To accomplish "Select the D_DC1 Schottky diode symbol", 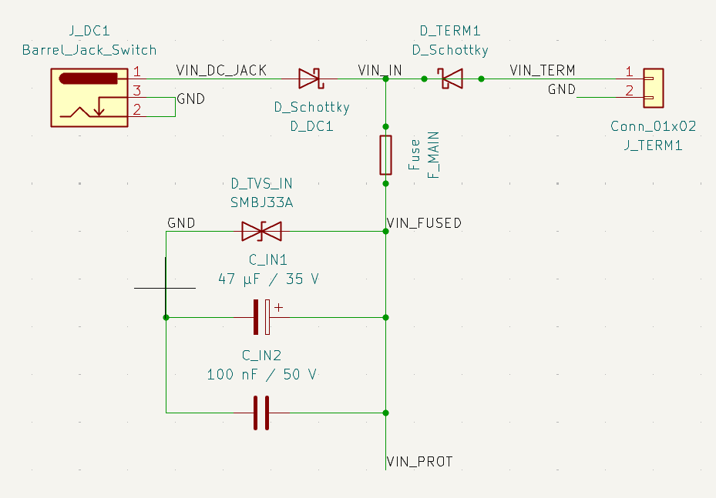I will (310, 78).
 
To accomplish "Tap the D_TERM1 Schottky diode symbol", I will (452, 78).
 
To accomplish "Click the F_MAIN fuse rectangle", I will (386, 155).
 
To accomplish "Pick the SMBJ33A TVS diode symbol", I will (261, 231).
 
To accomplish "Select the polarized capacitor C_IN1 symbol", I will (262, 316).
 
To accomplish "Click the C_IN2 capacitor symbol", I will (262, 413).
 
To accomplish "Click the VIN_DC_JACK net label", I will (221, 70).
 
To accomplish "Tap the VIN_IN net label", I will (379, 70).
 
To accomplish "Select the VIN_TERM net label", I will (543, 70).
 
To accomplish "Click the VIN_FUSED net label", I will (423, 223).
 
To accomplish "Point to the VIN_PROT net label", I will (419, 462).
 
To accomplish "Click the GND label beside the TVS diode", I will (181, 222).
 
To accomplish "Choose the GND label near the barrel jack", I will (191, 98).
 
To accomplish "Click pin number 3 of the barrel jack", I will (136, 92).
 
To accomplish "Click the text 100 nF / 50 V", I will (262, 375).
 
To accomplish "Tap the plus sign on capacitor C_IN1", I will (278, 307).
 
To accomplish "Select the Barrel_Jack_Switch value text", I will (89, 50).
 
